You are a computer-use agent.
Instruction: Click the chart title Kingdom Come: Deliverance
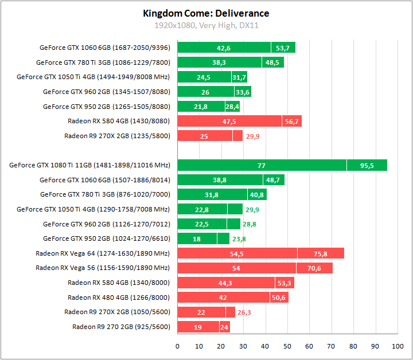pyautogui.click(x=206, y=13)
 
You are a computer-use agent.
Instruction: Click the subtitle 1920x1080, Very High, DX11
pyautogui.click(x=206, y=25)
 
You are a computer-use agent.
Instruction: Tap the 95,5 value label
pyautogui.click(x=367, y=165)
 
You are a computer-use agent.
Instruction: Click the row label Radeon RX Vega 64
pyautogui.click(x=103, y=253)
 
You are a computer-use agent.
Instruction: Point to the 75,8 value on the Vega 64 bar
pyautogui.click(x=321, y=253)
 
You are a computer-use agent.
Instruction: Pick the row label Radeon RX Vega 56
pyautogui.click(x=103, y=267)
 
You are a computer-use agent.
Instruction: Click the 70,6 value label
pyautogui.click(x=314, y=267)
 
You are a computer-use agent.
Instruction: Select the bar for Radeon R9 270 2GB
pyautogui.click(x=204, y=327)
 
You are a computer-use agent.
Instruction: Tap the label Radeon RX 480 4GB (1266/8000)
pyautogui.click(x=119, y=297)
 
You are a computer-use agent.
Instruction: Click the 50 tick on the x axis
pyautogui.click(x=287, y=346)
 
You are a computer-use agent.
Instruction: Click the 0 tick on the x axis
pyautogui.click(x=178, y=346)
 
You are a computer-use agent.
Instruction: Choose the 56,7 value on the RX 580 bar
pyautogui.click(x=291, y=121)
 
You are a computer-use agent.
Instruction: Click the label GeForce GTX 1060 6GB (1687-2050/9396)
pyautogui.click(x=105, y=48)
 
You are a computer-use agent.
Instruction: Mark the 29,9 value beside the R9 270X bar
pyautogui.click(x=252, y=136)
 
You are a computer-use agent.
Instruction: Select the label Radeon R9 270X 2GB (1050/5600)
pyautogui.click(x=117, y=312)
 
